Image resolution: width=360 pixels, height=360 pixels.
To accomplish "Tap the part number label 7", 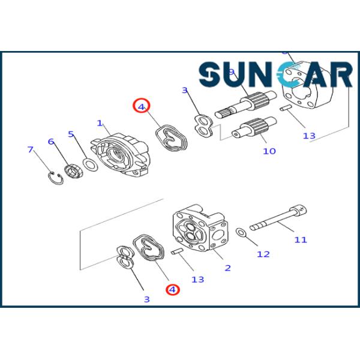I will click(x=31, y=149).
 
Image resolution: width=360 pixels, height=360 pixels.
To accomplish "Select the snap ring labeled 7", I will click(x=56, y=178).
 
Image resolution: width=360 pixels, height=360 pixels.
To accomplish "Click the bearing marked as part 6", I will click(x=74, y=170).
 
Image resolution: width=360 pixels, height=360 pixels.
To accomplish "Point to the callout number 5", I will click(x=71, y=134).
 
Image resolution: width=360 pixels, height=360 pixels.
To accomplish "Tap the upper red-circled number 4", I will click(x=141, y=106).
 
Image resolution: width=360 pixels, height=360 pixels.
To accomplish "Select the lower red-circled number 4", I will click(x=173, y=289).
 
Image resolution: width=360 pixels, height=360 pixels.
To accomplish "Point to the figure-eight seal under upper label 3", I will click(x=203, y=125).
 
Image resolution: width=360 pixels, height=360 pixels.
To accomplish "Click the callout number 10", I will click(x=269, y=151).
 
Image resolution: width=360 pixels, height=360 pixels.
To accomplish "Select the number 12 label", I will click(x=264, y=254).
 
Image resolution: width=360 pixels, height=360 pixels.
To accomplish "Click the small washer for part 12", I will click(x=241, y=232).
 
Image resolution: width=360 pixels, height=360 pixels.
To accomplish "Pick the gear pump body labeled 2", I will click(x=200, y=232).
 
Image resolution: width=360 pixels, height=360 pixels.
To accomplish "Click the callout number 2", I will click(x=228, y=268).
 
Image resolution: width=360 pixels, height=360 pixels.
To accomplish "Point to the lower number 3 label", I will click(x=146, y=299).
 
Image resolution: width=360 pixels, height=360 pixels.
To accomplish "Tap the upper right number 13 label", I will click(x=309, y=136).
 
